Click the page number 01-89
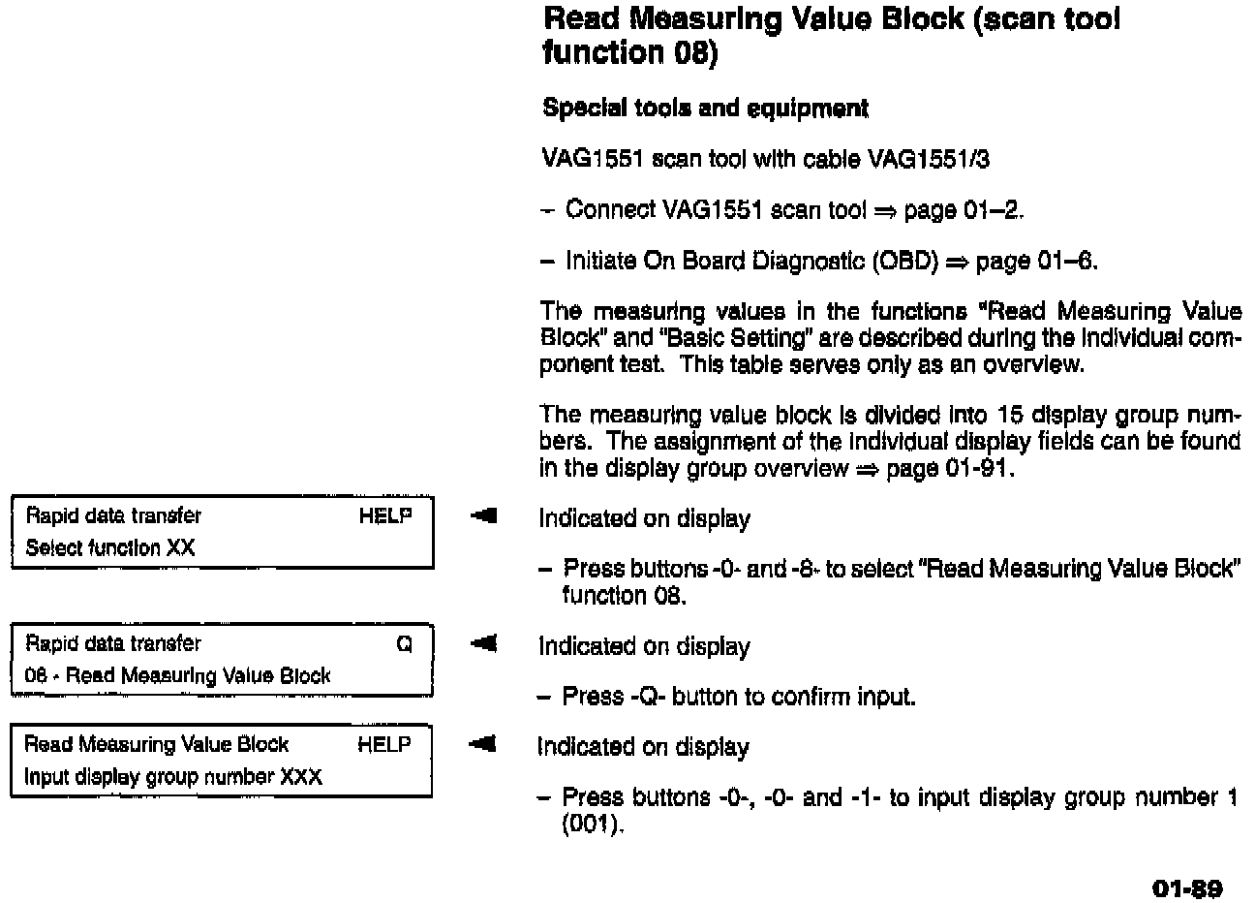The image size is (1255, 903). click(1187, 888)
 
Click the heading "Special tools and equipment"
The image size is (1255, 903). click(705, 108)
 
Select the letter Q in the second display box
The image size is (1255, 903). click(405, 644)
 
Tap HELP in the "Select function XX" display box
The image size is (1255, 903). click(385, 516)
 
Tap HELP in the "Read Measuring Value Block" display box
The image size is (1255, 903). click(384, 744)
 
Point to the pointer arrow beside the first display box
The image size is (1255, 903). click(484, 517)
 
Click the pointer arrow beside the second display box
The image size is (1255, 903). click(484, 644)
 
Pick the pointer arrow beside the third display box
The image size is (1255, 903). click(484, 745)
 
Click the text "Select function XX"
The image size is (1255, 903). click(109, 548)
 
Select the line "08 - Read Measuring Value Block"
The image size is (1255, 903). click(177, 676)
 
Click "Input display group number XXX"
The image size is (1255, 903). click(172, 777)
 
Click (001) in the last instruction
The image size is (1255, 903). click(587, 825)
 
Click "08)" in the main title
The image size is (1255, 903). click(695, 51)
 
